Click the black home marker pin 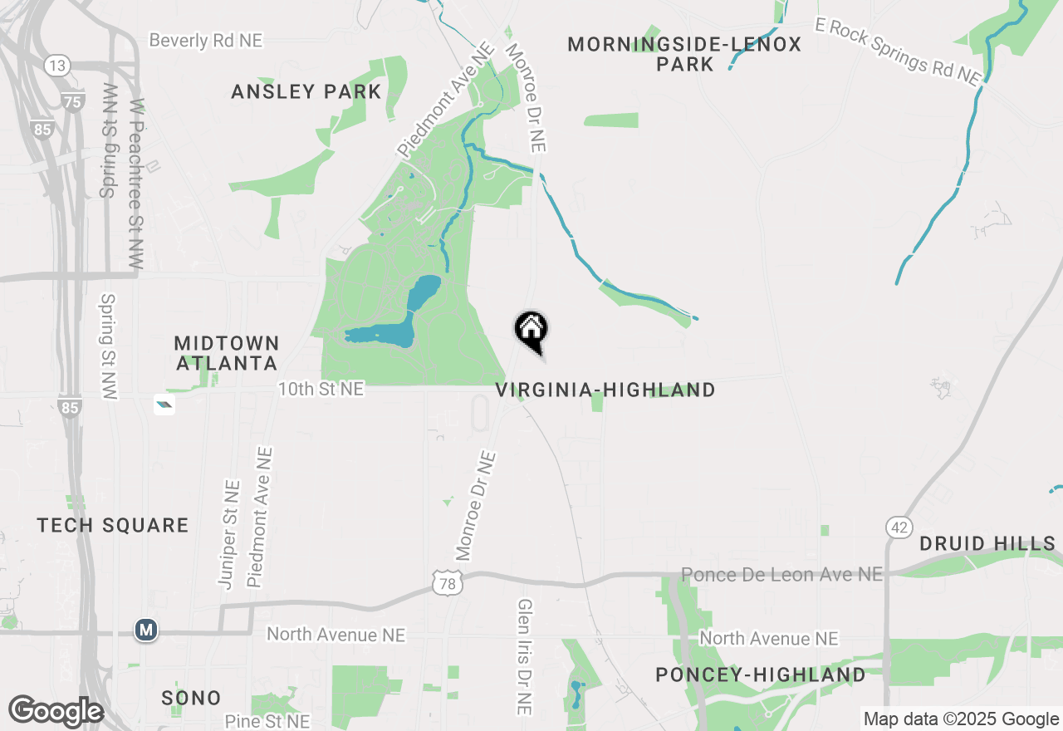(531, 331)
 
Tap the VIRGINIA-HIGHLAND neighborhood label (605, 390)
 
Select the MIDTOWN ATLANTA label (226, 353)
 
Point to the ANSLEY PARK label (306, 91)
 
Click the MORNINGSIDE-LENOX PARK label (684, 54)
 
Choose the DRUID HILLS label (987, 544)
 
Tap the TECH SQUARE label (113, 525)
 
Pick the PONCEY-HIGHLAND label (761, 675)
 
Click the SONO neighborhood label (192, 698)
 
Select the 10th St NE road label (321, 389)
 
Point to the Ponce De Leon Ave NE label (781, 574)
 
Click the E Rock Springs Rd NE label (898, 52)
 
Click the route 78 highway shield (446, 585)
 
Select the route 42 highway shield (899, 527)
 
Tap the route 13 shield (56, 66)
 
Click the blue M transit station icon (146, 630)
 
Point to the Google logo (56, 712)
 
